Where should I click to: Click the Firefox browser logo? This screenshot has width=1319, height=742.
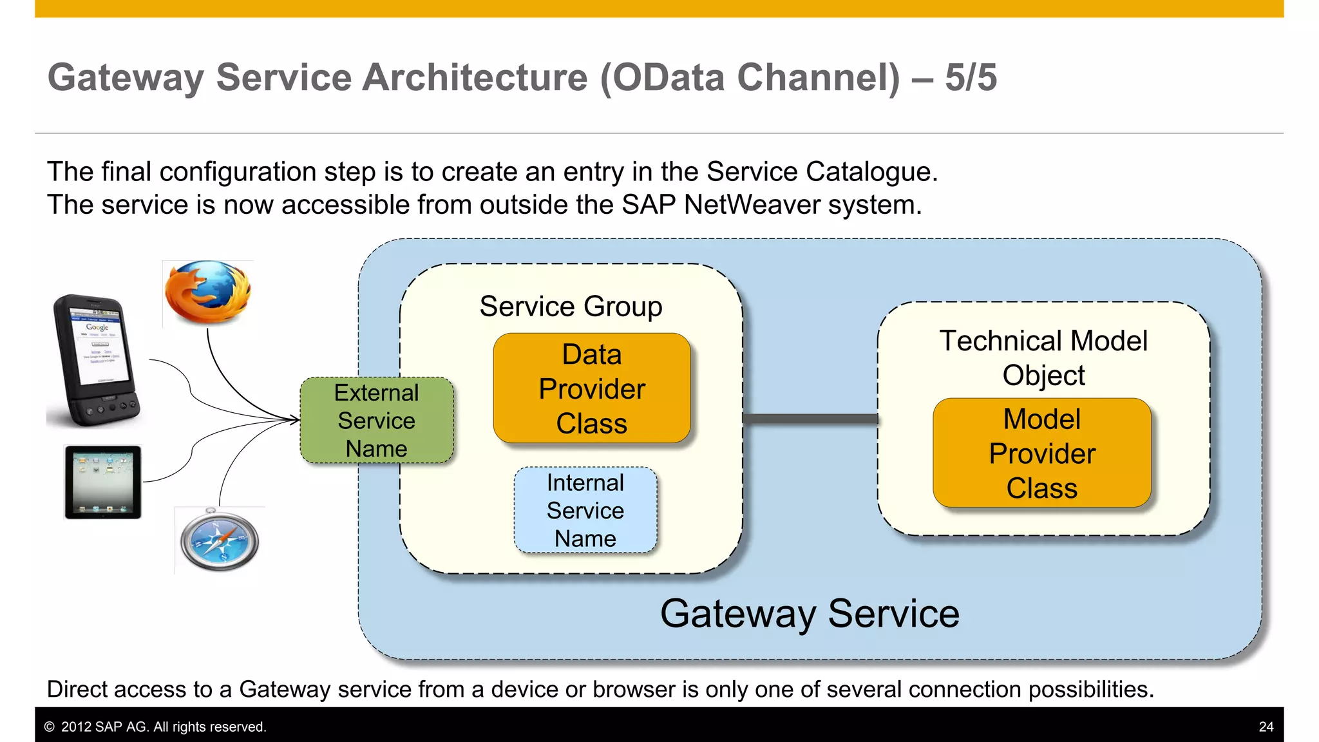[207, 293]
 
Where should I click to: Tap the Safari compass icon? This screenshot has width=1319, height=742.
[220, 540]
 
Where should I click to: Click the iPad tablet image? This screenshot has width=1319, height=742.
[103, 482]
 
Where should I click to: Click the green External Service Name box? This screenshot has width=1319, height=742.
[377, 421]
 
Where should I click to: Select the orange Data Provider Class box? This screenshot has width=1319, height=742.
[591, 388]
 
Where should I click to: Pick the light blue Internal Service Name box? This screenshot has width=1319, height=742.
[585, 510]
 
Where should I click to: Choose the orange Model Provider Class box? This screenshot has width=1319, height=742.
[1041, 453]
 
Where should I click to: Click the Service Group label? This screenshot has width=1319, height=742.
[571, 307]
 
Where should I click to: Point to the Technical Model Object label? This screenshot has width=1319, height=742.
[1043, 357]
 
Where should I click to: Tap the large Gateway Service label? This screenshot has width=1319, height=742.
[810, 613]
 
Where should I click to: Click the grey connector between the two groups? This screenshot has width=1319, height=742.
[810, 419]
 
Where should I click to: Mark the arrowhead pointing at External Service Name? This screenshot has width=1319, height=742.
[295, 420]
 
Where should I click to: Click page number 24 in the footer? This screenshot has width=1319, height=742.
[1266, 727]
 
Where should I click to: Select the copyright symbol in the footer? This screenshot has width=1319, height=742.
[49, 727]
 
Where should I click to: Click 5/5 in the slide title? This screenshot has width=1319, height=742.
[971, 77]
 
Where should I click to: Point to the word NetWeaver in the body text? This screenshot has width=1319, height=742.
[752, 205]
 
